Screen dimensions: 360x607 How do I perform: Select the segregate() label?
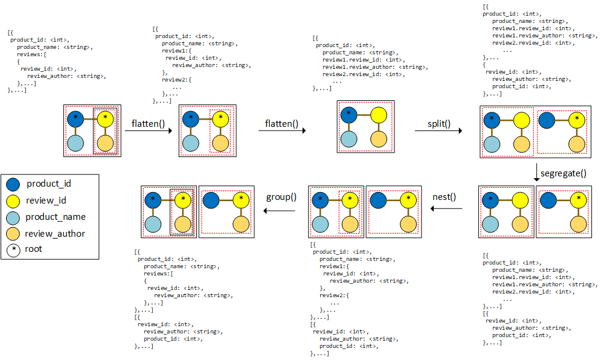[x=563, y=173]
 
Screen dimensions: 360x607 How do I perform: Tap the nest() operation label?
[x=445, y=197]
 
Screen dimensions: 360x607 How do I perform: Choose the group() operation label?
[x=281, y=197]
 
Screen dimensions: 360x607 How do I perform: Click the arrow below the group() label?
[x=278, y=210]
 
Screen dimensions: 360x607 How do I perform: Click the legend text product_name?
[x=56, y=217]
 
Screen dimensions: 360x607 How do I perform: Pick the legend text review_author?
[x=55, y=233]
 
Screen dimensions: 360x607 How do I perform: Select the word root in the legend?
[x=34, y=249]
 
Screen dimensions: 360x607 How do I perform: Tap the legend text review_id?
[x=47, y=200]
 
